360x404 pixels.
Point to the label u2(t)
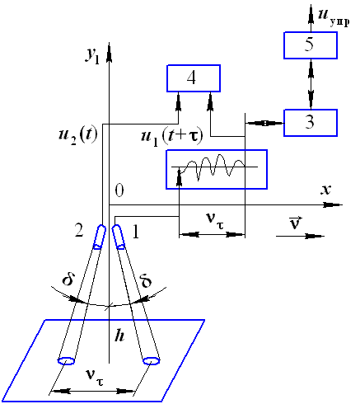tap(78, 135)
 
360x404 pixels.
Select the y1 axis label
tap(92, 56)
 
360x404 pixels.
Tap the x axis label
tap(325, 190)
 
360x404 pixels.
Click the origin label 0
tap(119, 190)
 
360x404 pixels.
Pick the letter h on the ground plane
tap(119, 336)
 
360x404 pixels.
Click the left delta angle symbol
tap(68, 280)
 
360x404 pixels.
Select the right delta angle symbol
tap(146, 280)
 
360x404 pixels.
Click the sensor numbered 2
tap(100, 237)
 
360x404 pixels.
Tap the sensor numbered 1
tap(119, 237)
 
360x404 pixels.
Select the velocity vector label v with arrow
tap(296, 223)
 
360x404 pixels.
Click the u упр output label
tap(334, 17)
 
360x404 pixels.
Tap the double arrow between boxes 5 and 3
tap(311, 84)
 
